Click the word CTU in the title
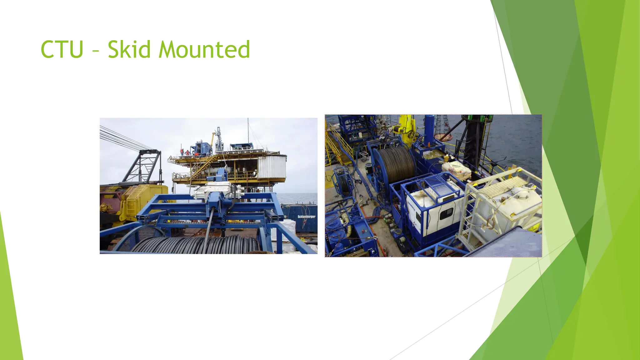(x=62, y=49)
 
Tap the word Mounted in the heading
(x=204, y=49)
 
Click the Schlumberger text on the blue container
(x=306, y=217)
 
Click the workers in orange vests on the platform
(x=184, y=152)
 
